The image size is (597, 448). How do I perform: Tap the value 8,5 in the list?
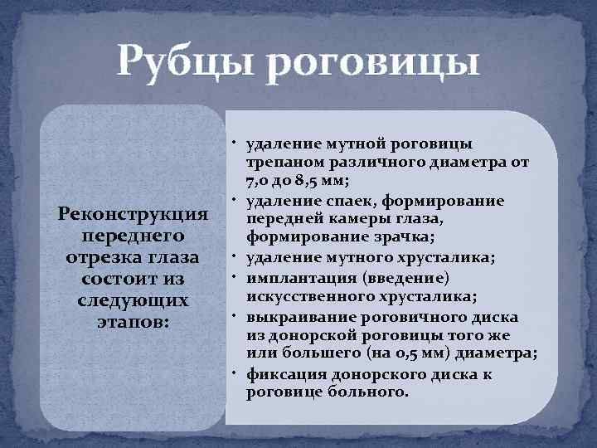point(332,181)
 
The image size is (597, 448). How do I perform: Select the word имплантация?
point(298,277)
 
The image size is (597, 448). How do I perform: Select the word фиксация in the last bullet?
point(282,374)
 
